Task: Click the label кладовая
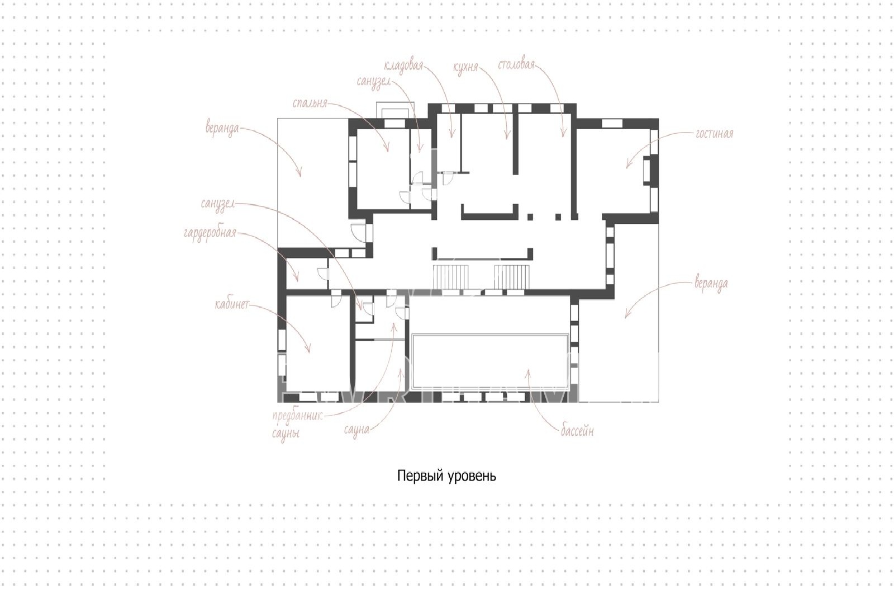point(403,67)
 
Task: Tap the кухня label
point(465,68)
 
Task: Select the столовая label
point(516,65)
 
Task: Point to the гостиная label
point(715,134)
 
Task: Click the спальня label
point(310,103)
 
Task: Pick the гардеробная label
point(210,233)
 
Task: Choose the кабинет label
point(232,305)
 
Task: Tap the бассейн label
point(577,431)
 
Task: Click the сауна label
point(356,430)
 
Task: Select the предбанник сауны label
point(297,425)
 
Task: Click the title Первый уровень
point(446,476)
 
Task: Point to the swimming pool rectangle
point(490,361)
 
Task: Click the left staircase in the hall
point(450,276)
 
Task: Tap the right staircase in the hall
point(512,276)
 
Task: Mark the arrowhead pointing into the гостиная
point(627,165)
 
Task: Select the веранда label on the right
point(711,283)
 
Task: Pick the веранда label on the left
point(222,129)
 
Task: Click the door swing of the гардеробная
point(323,274)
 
